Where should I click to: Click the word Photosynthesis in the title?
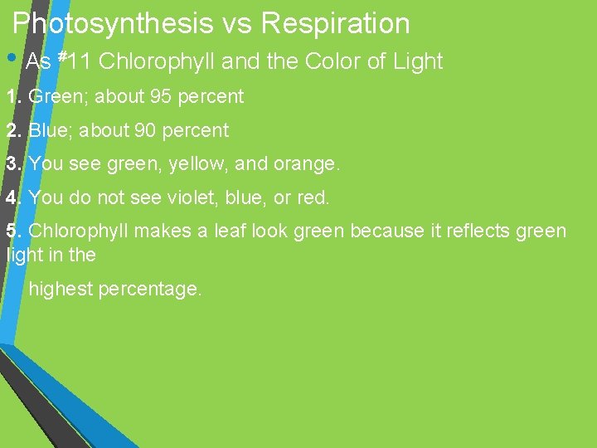click(113, 23)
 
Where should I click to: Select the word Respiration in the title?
click(335, 23)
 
